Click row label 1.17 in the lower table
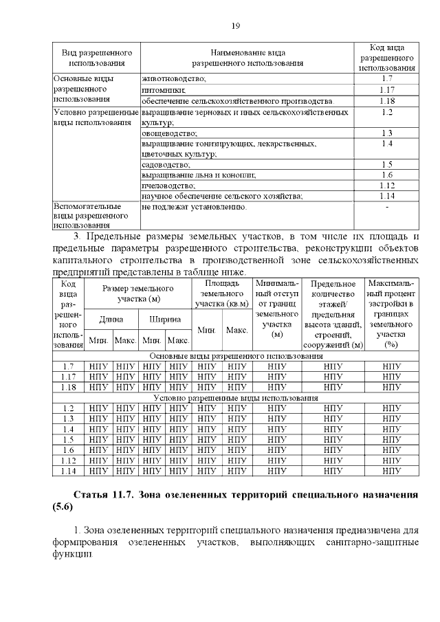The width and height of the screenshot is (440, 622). coord(67,377)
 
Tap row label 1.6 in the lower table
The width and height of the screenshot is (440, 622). coord(67,450)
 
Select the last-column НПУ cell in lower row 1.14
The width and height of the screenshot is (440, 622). coord(391,471)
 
